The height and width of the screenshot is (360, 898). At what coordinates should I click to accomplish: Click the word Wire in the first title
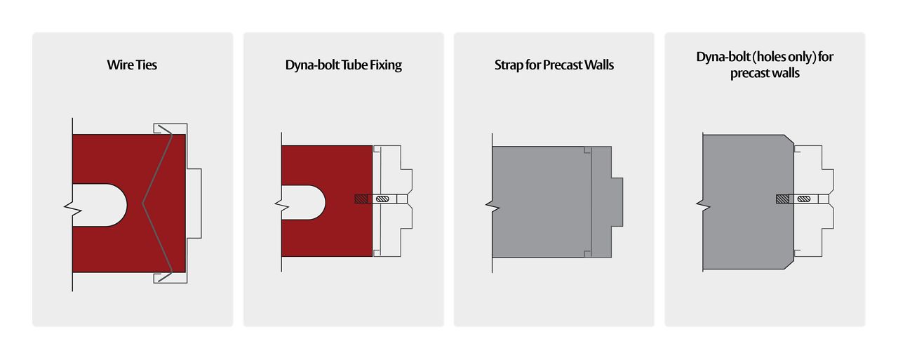(x=119, y=65)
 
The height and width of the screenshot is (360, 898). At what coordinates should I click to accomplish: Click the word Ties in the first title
(x=145, y=65)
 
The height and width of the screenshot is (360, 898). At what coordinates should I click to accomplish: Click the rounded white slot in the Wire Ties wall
(x=100, y=205)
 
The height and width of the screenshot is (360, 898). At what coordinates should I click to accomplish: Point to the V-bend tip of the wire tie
(x=143, y=204)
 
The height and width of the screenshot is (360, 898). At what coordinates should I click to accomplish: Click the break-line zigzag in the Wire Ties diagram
(x=73, y=207)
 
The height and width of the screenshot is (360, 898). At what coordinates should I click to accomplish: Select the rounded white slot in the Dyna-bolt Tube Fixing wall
(x=304, y=202)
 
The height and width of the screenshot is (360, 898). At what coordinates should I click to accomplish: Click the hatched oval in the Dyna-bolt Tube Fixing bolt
(x=382, y=199)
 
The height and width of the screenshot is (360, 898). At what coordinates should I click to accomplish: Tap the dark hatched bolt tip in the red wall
(x=361, y=199)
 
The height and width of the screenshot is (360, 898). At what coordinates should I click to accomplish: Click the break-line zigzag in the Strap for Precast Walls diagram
(x=492, y=207)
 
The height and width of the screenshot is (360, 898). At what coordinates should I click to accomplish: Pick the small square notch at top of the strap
(x=588, y=150)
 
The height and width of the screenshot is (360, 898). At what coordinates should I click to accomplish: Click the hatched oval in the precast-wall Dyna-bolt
(x=804, y=199)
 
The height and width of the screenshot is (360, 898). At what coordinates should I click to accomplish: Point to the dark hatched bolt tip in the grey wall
(x=783, y=199)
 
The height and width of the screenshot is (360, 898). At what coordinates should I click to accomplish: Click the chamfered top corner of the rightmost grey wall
(x=789, y=139)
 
